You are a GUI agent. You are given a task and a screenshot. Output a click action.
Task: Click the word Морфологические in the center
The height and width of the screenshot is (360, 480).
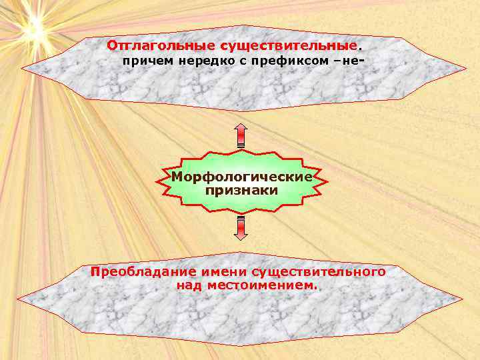click(241, 177)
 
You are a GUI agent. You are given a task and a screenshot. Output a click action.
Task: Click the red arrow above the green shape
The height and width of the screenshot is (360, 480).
click(241, 135)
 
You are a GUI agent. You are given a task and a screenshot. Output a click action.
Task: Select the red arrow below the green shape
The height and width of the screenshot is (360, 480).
click(241, 227)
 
